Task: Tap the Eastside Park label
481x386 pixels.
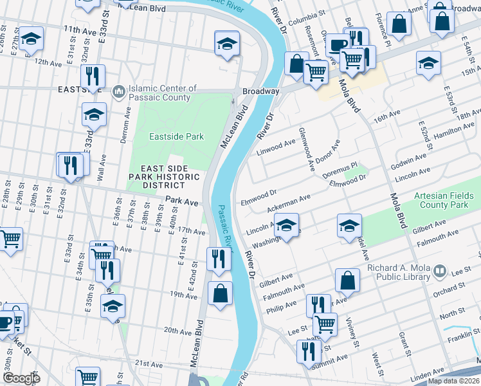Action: click(176, 136)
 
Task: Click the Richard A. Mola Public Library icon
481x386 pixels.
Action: click(440, 271)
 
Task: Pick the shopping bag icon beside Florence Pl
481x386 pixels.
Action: click(399, 24)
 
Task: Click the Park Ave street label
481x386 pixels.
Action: click(182, 201)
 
